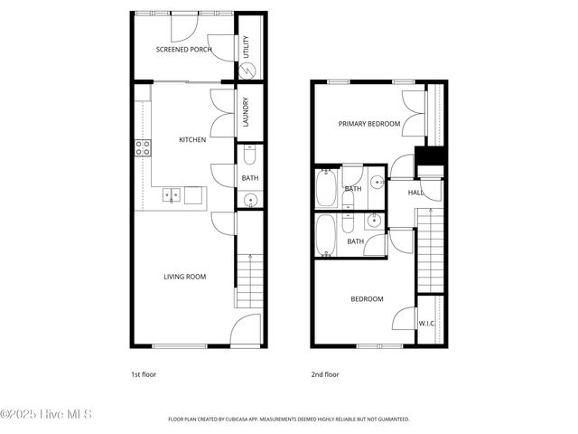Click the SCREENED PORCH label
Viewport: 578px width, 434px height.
pos(184,49)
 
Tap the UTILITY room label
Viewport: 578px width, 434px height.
pos(247,47)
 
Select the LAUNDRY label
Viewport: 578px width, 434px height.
pos(246,113)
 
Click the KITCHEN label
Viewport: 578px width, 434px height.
pos(192,140)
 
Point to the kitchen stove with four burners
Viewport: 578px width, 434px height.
pos(143,148)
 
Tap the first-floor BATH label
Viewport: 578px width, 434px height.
pos(249,178)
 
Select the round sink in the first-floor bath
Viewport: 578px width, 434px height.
pos(250,200)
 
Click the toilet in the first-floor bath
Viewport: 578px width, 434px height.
pos(249,154)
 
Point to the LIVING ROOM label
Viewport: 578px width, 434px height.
pos(184,277)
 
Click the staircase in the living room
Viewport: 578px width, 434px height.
pos(248,280)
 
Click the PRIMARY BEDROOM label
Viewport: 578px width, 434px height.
pos(368,124)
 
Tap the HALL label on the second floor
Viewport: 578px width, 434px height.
pos(415,193)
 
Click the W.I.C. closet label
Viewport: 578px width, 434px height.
pos(427,323)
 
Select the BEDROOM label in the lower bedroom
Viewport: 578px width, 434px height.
pos(367,299)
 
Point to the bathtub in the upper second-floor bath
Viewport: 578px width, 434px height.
pos(326,188)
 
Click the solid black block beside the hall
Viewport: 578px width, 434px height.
pos(430,156)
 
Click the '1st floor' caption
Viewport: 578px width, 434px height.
pos(144,373)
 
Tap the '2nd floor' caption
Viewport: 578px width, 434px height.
pos(325,373)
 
